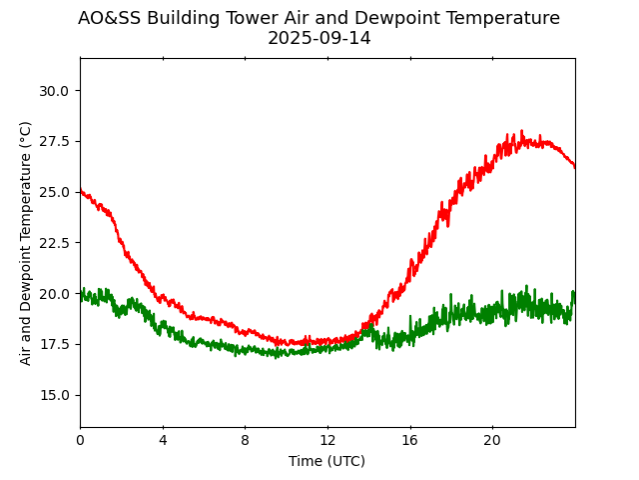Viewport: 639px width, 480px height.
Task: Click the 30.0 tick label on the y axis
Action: coord(54,91)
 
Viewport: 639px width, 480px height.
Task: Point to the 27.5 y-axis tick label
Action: coord(54,142)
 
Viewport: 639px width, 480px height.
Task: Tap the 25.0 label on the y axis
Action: coord(54,192)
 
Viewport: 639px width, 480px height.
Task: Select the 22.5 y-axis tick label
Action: coord(54,243)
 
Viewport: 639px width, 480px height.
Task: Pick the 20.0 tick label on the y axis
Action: coord(54,294)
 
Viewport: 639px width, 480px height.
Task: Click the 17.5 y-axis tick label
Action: coord(54,344)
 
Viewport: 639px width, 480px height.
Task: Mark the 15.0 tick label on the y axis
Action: coord(54,395)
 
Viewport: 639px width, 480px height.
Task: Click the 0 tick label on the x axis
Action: coord(80,440)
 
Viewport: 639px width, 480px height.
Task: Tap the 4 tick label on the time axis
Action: coord(163,440)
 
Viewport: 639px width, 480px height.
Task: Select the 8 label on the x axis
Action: coord(245,440)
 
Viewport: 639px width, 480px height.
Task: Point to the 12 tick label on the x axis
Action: coord(327,440)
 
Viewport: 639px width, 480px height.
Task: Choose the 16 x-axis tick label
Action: coord(410,440)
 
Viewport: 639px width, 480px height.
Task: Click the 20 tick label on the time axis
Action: coord(492,440)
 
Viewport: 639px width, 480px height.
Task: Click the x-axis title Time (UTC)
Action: coord(327,461)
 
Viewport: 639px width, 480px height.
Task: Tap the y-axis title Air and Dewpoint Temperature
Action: coord(26,242)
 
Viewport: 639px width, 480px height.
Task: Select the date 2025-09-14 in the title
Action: coord(319,38)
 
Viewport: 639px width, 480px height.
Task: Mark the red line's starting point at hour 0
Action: coord(81,191)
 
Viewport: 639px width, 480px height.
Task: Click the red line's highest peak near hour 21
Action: coord(521,131)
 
